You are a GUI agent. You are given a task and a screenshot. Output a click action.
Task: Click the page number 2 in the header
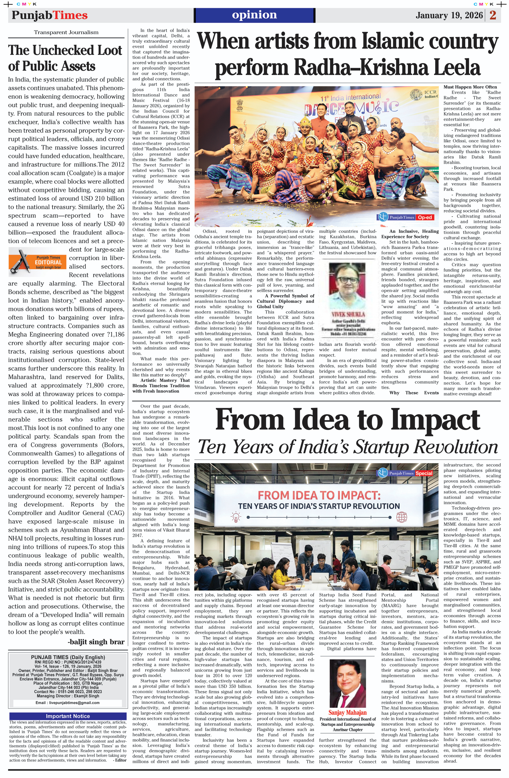[493, 15]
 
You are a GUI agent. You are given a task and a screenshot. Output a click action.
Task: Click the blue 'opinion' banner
[254, 15]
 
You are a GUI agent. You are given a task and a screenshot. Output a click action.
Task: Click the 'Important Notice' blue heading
[68, 716]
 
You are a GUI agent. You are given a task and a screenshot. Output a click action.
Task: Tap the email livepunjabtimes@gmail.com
[67, 702]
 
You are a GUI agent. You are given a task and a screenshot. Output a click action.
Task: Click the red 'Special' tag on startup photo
[424, 473]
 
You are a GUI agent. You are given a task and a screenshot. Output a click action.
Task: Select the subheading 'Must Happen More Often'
[470, 87]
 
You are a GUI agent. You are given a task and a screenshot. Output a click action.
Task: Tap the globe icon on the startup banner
[401, 517]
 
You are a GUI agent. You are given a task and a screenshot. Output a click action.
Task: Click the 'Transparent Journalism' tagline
[66, 32]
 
